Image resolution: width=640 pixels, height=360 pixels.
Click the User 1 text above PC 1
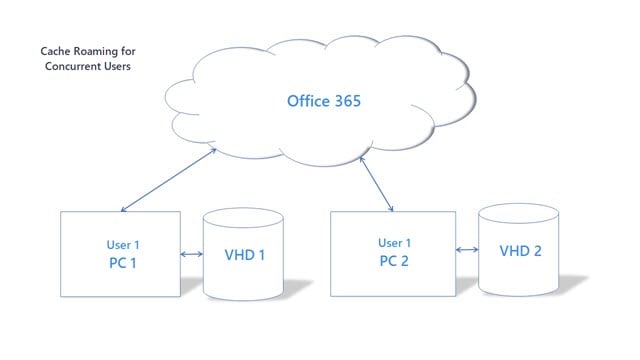[x=122, y=243]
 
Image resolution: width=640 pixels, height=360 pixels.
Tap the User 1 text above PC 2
[x=394, y=242]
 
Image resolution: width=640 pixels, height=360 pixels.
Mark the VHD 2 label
[x=520, y=250]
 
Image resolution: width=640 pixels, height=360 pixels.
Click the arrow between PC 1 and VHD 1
[x=192, y=254]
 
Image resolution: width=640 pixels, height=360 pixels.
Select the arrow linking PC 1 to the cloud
[x=168, y=180]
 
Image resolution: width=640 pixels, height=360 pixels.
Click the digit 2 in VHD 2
[x=537, y=250]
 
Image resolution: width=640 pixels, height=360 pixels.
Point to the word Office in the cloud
[x=308, y=100]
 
